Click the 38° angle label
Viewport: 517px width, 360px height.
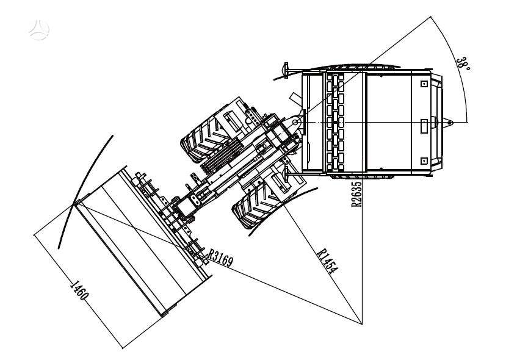463,64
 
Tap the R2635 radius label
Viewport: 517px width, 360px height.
356,194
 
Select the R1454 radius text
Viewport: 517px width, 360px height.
327,261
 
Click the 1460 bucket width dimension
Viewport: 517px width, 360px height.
79,290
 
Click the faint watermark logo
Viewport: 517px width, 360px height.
39,31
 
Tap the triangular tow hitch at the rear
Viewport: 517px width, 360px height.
448,123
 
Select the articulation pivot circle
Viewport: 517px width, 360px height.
295,123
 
